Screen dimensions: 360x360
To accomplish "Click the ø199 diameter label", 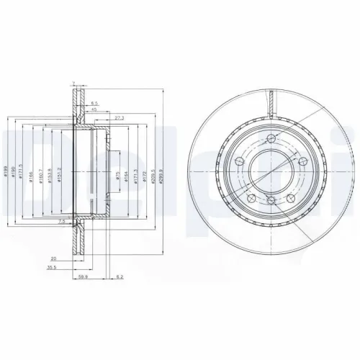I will coord(6,172).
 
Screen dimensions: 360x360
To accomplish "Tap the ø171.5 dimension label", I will coord(23,172).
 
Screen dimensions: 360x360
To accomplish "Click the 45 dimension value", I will coord(94,109).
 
